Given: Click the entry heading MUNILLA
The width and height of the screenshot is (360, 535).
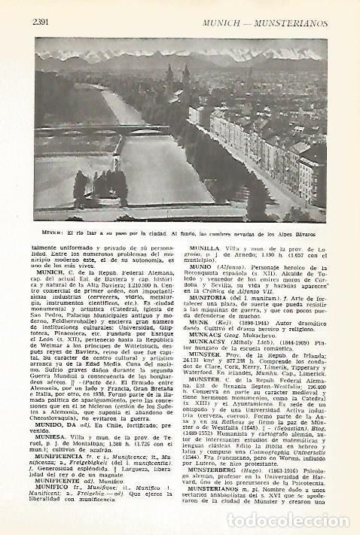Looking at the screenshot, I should [x=207, y=246].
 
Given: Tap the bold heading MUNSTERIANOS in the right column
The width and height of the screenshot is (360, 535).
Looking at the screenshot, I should [x=221, y=510].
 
